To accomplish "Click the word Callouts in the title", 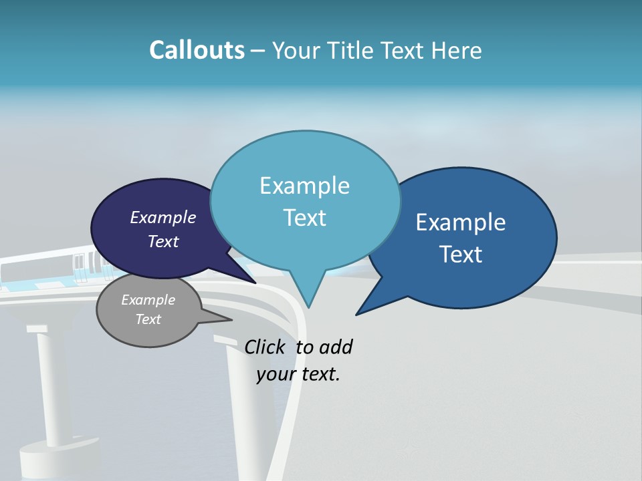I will point(197,50).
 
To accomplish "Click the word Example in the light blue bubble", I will point(304,186).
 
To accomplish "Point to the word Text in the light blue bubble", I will point(304,218).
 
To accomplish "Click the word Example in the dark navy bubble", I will point(163,217).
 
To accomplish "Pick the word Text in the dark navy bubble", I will point(163,241).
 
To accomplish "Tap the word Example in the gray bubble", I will point(148,300).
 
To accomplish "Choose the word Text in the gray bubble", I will point(148,319).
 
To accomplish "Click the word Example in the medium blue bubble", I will point(461,222).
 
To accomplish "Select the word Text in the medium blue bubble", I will point(461,255).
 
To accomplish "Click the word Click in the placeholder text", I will point(266,347).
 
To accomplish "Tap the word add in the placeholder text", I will point(336,347).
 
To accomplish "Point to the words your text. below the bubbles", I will point(298,374).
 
